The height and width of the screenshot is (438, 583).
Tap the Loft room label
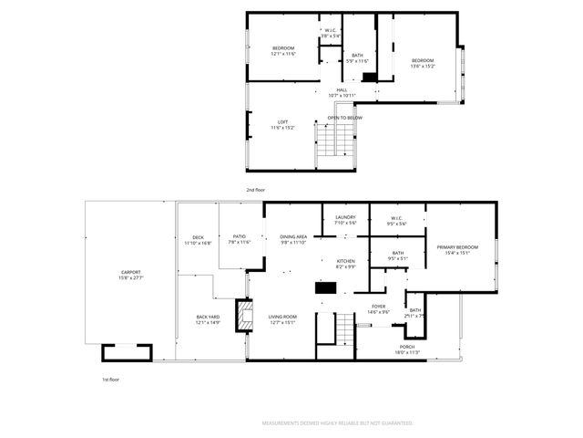tap(283, 125)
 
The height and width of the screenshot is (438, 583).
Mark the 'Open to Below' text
tap(345, 118)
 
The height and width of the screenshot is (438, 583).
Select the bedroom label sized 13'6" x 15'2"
tap(423, 63)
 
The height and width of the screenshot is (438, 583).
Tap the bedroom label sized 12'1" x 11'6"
tap(283, 50)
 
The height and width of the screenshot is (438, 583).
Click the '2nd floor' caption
tap(255, 190)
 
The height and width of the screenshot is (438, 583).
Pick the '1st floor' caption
tap(111, 378)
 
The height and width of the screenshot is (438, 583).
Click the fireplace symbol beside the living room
tap(242, 315)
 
